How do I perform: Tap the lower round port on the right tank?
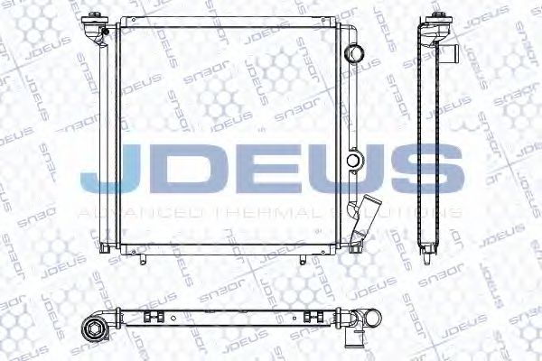point(355,163)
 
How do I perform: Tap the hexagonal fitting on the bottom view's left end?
point(94,329)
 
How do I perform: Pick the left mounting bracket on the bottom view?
point(151,319)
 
